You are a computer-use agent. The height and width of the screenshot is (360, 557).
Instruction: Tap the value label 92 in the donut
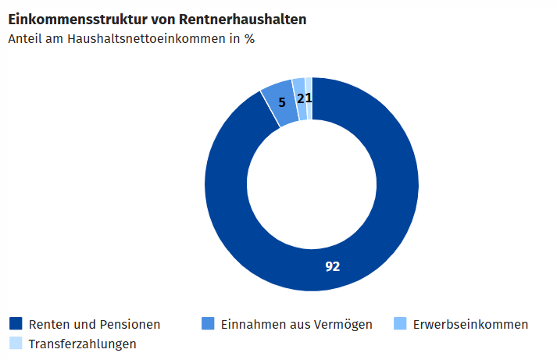click(333, 266)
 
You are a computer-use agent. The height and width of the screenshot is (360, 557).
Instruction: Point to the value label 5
click(282, 102)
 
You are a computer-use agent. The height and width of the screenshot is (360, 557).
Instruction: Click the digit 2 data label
click(302, 98)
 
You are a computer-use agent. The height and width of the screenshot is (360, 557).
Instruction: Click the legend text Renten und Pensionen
click(95, 324)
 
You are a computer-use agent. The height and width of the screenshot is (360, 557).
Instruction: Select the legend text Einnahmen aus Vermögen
click(296, 324)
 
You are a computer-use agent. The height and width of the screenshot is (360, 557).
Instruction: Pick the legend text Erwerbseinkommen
click(470, 324)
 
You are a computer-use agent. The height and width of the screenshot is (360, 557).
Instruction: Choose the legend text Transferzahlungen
click(82, 344)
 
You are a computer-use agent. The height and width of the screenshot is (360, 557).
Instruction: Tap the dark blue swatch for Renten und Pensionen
click(15, 323)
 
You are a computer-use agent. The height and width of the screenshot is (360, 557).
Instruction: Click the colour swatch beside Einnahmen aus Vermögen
click(208, 323)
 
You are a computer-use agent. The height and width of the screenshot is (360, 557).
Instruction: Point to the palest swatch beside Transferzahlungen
click(15, 343)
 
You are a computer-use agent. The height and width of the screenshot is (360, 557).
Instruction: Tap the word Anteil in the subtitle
click(25, 37)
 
